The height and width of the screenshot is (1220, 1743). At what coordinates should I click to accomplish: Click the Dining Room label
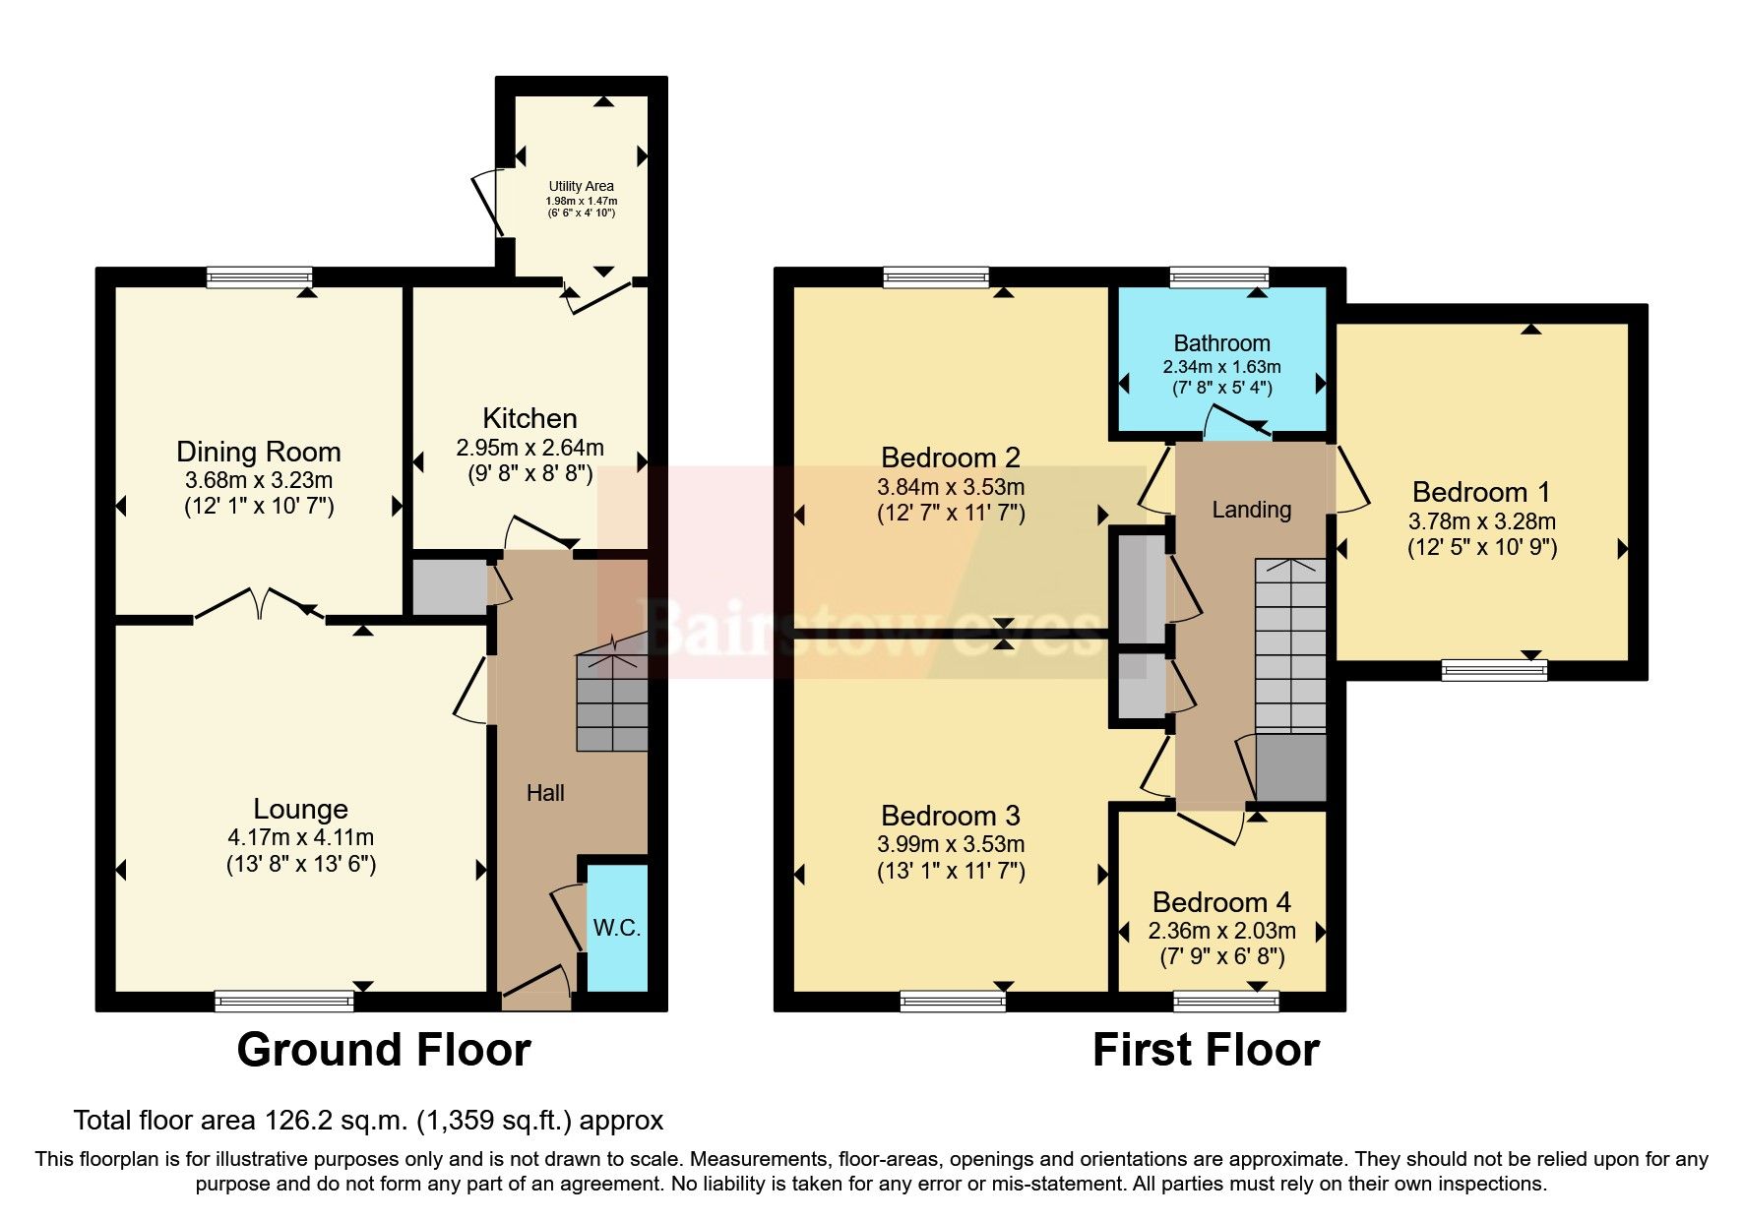point(258,452)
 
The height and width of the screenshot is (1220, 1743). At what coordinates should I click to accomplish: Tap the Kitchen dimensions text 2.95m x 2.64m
point(529,448)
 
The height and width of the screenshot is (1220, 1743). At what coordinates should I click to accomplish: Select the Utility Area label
point(581,186)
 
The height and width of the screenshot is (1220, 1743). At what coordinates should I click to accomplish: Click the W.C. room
point(617,927)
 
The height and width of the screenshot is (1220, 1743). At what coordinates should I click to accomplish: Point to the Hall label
point(545,793)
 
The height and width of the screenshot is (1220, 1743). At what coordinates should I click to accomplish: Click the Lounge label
point(300,809)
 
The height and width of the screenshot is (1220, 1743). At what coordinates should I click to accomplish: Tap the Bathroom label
point(1221,343)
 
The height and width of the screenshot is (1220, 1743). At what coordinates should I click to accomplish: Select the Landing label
point(1251,510)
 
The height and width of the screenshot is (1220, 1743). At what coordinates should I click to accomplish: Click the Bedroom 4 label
point(1221,902)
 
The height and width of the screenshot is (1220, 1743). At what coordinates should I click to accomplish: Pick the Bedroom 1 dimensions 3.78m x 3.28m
point(1481,521)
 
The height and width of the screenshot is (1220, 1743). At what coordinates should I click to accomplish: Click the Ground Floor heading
point(384,1050)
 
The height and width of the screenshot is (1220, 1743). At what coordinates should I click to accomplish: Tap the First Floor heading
point(1206,1050)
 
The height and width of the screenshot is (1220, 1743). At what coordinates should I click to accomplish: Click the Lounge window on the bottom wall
point(283,1002)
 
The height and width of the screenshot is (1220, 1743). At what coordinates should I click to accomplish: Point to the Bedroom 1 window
point(1493,671)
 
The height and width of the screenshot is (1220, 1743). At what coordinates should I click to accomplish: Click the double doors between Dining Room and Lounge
point(260,605)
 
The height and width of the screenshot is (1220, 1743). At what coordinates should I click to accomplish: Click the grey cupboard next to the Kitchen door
point(450,587)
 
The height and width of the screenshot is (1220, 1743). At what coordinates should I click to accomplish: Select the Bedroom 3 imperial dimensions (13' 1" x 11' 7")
point(951,871)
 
